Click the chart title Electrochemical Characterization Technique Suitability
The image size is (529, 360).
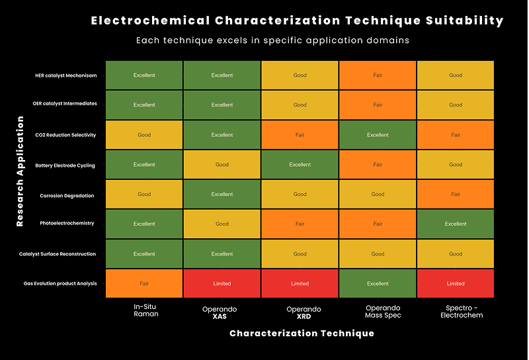tap(297, 21)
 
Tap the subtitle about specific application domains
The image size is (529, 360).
tap(272, 40)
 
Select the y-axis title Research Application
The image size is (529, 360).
tap(20, 171)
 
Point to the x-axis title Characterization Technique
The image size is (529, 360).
tap(302, 333)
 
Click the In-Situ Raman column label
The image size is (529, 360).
tap(144, 312)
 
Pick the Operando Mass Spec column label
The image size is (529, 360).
tap(378, 312)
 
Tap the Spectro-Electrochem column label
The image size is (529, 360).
tap(456, 312)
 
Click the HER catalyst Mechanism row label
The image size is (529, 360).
tap(65, 75)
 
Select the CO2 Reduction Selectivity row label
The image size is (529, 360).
tap(65, 135)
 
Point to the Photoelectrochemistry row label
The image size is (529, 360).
tap(67, 224)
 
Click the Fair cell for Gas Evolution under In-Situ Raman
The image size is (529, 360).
tap(144, 283)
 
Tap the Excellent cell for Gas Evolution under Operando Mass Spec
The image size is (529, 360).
tap(378, 283)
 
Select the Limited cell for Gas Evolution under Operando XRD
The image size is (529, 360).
tap(300, 283)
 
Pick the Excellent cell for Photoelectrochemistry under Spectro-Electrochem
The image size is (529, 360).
tap(456, 224)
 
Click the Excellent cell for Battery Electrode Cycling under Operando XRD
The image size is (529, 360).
tap(300, 165)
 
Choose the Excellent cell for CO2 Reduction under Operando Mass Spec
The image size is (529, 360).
tap(378, 135)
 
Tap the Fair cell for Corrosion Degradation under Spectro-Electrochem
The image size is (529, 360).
tap(456, 195)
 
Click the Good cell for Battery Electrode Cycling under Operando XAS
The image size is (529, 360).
tap(222, 165)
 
